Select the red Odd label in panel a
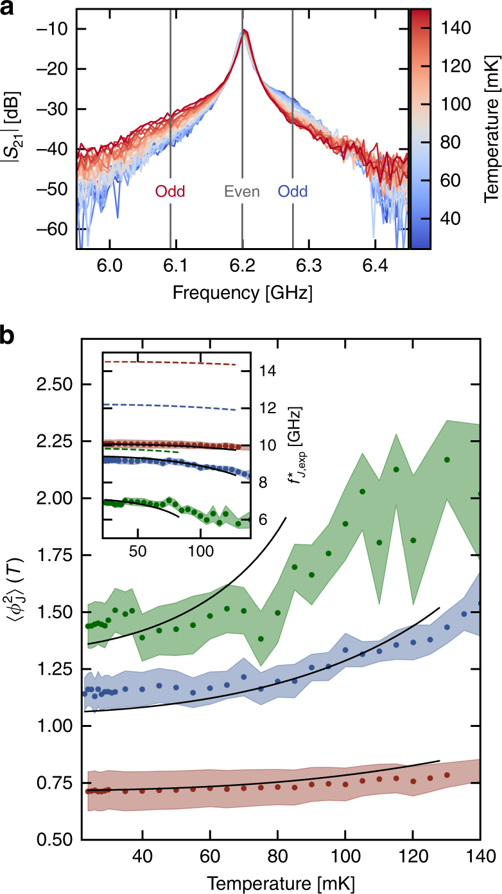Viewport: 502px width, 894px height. pyautogui.click(x=169, y=192)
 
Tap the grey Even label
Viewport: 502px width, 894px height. pyautogui.click(x=241, y=192)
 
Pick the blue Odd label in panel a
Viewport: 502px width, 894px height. pyautogui.click(x=293, y=192)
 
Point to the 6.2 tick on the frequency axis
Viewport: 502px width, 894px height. pyautogui.click(x=242, y=264)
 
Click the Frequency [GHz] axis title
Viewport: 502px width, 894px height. pyautogui.click(x=242, y=293)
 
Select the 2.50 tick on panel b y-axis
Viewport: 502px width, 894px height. pyautogui.click(x=53, y=384)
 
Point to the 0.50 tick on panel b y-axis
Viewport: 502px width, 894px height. pyautogui.click(x=53, y=839)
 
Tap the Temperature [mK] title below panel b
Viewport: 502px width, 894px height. pyautogui.click(x=281, y=882)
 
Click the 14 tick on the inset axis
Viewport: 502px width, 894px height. pyautogui.click(x=267, y=371)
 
